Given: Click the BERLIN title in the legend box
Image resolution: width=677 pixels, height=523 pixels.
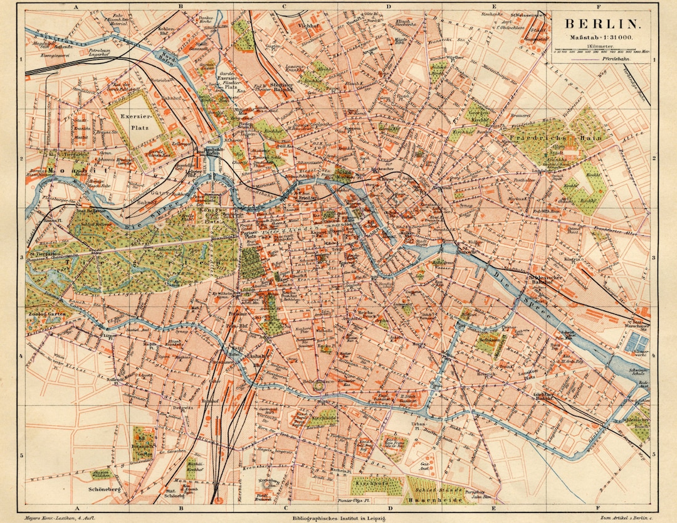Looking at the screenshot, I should pyautogui.click(x=602, y=24).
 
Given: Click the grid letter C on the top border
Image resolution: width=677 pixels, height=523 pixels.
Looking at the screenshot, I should pyautogui.click(x=284, y=7).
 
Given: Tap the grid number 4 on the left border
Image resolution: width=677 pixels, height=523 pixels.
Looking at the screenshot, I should pyautogui.click(x=21, y=356).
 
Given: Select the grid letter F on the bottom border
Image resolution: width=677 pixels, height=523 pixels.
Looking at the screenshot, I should pyautogui.click(x=597, y=508).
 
